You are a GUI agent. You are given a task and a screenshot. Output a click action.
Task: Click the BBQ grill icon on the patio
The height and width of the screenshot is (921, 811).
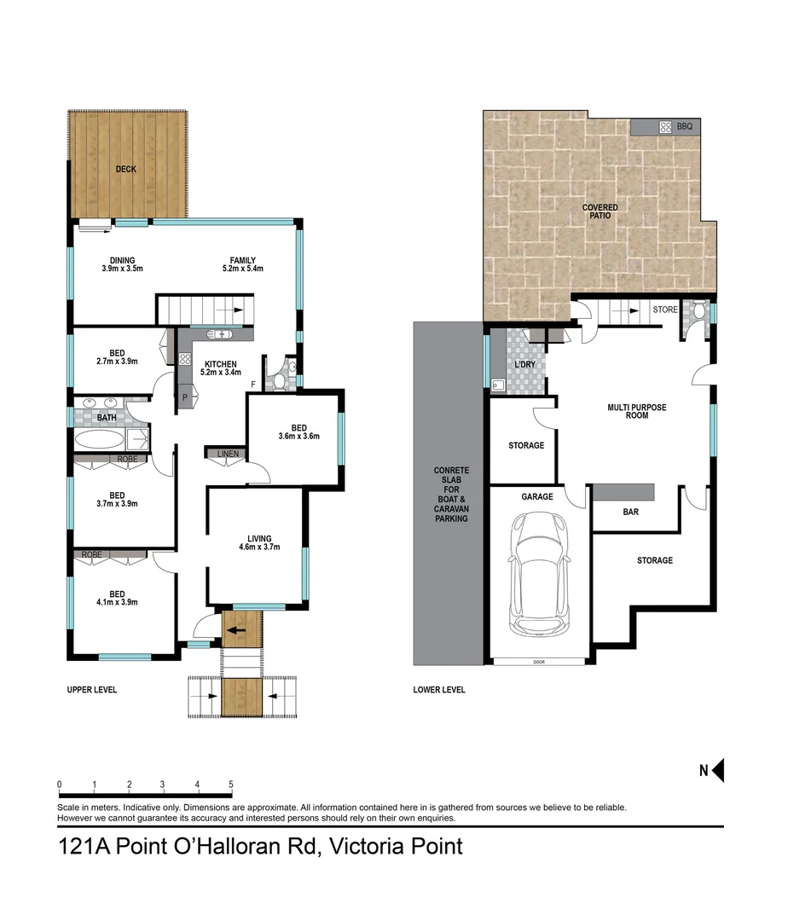pyautogui.click(x=665, y=127)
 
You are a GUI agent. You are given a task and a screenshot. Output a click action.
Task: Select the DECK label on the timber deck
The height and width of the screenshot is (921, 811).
pyautogui.click(x=126, y=170)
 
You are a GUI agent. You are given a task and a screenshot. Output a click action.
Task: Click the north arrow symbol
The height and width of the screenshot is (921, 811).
pyautogui.click(x=717, y=771)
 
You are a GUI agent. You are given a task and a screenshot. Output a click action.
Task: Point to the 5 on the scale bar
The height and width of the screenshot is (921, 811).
pyautogui.click(x=231, y=785)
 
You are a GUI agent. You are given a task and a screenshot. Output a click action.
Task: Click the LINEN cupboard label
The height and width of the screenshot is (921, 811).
pyautogui.click(x=229, y=454)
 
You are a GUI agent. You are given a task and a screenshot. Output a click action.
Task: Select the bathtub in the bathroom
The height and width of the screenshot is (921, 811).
pyautogui.click(x=100, y=441)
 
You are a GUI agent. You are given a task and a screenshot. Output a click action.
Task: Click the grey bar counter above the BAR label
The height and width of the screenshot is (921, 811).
pyautogui.click(x=623, y=492)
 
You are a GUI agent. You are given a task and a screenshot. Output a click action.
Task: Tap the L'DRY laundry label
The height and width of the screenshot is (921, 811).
pyautogui.click(x=524, y=366)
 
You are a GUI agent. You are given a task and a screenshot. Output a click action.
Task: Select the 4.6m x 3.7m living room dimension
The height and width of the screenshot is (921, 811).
pyautogui.click(x=259, y=547)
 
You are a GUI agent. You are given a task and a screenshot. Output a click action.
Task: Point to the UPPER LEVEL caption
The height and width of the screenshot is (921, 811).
pyautogui.click(x=92, y=690)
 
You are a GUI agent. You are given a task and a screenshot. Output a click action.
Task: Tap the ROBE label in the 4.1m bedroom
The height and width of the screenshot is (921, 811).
pyautogui.click(x=92, y=554)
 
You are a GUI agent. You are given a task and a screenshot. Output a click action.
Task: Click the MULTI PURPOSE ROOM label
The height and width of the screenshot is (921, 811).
pyautogui.click(x=637, y=411)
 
